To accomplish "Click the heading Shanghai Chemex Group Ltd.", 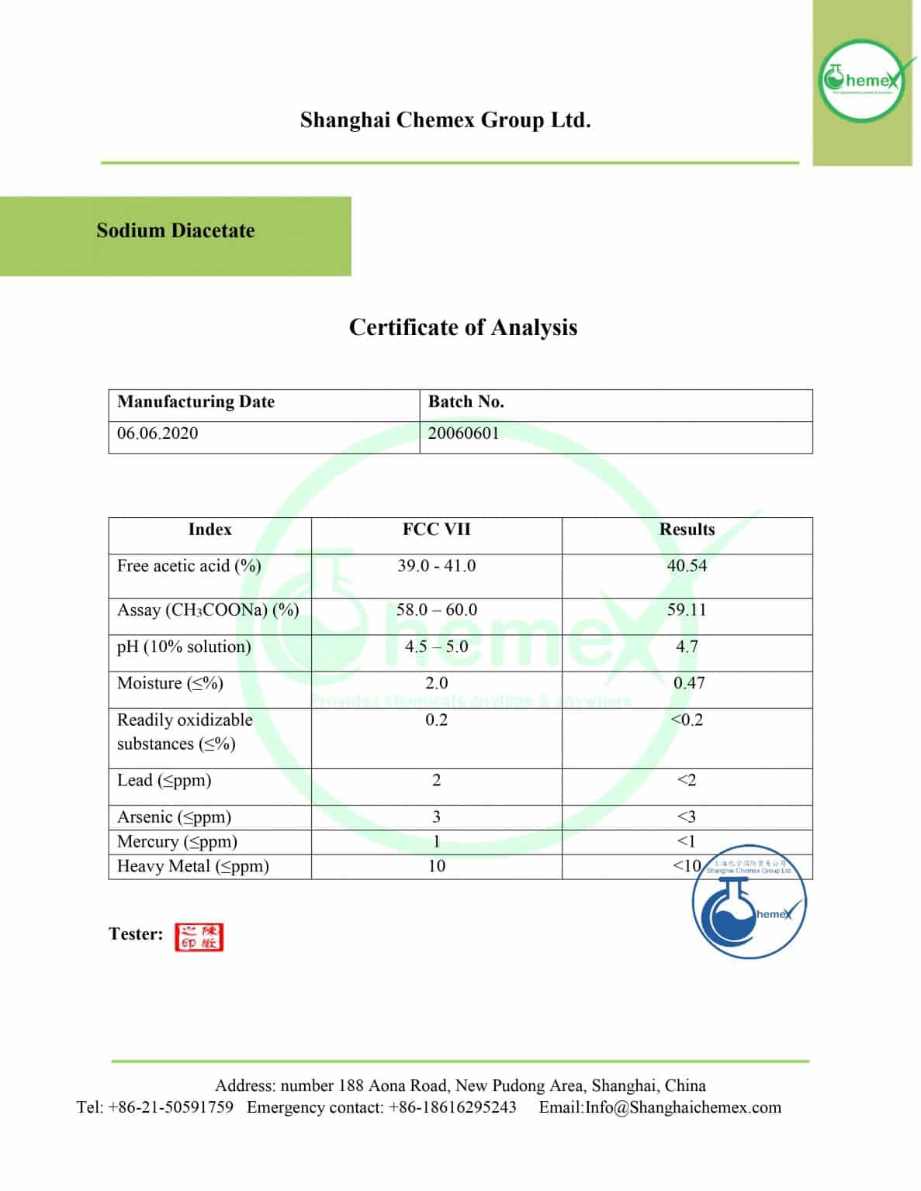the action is (x=445, y=120).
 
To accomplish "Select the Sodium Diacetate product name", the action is (x=175, y=231).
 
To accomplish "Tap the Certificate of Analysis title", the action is (x=462, y=327).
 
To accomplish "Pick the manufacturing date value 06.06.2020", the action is (x=158, y=433).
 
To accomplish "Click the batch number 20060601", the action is (x=463, y=433).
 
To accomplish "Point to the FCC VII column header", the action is (x=436, y=530).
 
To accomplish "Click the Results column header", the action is (x=687, y=530).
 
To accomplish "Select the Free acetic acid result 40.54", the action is (x=687, y=566).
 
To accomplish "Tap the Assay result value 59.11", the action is (x=687, y=610).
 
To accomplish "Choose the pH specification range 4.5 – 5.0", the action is (x=436, y=647).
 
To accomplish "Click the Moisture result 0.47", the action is (x=688, y=683).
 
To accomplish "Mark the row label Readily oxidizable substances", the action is (x=185, y=731).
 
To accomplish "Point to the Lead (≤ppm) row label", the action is (x=164, y=781).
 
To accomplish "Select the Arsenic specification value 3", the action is (x=436, y=817).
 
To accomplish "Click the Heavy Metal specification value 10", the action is (x=436, y=866).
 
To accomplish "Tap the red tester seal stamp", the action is (x=199, y=937).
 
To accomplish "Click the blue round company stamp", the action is (x=749, y=903).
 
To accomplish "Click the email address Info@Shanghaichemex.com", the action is (x=683, y=1107).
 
